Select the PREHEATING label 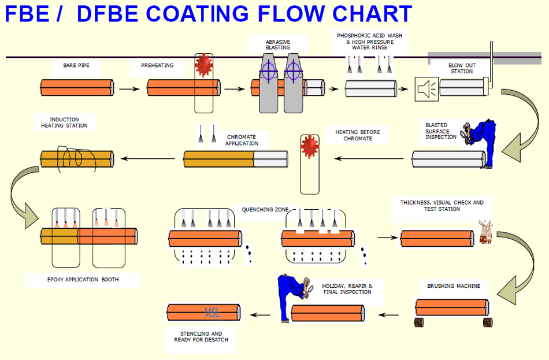157,66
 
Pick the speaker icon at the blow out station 426,89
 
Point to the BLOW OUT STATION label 462,68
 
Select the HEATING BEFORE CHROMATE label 358,135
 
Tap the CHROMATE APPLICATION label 242,140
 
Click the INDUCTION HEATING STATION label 64,123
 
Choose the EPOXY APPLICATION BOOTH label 83,280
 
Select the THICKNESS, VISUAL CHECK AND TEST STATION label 442,206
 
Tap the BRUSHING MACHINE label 454,286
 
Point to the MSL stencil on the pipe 213,313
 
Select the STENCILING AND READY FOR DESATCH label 201,336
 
